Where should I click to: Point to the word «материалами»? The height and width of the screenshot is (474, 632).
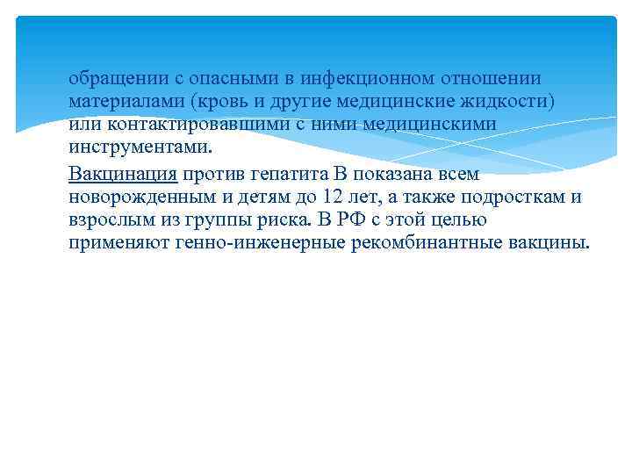pos(121,102)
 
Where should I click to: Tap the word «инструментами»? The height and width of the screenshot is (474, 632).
pos(139,147)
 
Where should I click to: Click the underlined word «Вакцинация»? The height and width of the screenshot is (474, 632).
pos(123,173)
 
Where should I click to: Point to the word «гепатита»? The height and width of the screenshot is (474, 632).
pos(285,173)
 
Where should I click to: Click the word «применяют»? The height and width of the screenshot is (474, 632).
pos(114,241)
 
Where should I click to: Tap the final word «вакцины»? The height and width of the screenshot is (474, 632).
pos(549,241)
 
